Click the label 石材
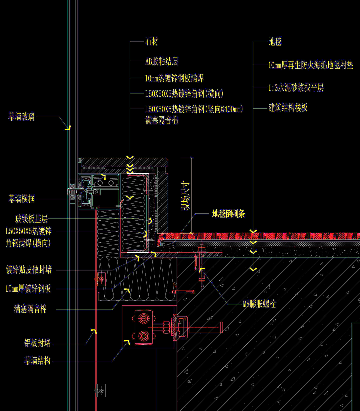click(152, 42)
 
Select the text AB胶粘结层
click(162, 61)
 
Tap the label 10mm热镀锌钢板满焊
click(174, 78)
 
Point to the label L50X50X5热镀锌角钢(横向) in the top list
click(184, 94)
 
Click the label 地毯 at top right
click(275, 42)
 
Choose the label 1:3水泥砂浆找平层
click(296, 88)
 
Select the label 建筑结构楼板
click(288, 108)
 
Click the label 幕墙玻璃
click(21, 117)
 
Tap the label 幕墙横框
click(21, 199)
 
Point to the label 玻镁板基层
click(31, 219)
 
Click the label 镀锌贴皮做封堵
click(29, 270)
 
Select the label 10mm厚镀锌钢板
click(28, 289)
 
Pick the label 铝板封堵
click(37, 343)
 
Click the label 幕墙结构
click(37, 360)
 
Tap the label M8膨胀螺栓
click(259, 304)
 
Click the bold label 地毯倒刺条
click(228, 214)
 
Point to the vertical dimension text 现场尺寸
click(185, 196)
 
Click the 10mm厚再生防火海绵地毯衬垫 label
click(311, 65)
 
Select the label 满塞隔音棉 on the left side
click(30, 309)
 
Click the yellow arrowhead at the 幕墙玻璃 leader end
click(68, 128)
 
